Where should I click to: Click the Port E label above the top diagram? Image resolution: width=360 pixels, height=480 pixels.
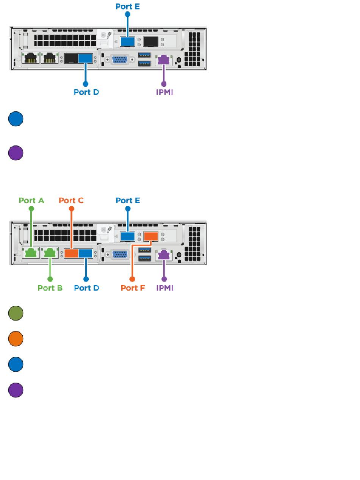pyautogui.click(x=128, y=6)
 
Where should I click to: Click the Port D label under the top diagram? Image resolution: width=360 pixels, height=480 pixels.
pyautogui.click(x=86, y=92)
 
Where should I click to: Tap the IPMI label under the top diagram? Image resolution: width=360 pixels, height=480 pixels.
pyautogui.click(x=164, y=92)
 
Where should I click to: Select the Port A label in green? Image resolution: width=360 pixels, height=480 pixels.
pyautogui.click(x=31, y=200)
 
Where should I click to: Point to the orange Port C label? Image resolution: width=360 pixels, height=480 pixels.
pyautogui.click(x=71, y=200)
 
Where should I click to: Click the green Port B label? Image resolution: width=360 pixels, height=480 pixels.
pyautogui.click(x=50, y=288)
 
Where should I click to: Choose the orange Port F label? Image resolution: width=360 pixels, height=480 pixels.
pyautogui.click(x=133, y=288)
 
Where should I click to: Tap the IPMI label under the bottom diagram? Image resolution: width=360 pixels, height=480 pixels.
pyautogui.click(x=164, y=288)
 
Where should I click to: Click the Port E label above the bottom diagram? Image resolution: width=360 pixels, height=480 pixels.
pyautogui.click(x=128, y=200)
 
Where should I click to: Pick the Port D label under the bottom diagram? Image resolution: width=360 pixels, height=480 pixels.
pyautogui.click(x=86, y=288)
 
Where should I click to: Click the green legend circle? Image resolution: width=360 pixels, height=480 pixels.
pyautogui.click(x=16, y=313)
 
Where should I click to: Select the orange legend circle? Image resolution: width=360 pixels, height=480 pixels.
pyautogui.click(x=16, y=339)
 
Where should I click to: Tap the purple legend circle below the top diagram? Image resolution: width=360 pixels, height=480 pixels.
pyautogui.click(x=16, y=153)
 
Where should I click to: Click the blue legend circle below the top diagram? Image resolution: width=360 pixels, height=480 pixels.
pyautogui.click(x=16, y=119)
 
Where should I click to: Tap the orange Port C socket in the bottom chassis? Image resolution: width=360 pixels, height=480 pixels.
pyautogui.click(x=71, y=253)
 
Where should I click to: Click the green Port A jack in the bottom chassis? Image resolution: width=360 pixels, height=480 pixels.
pyautogui.click(x=31, y=253)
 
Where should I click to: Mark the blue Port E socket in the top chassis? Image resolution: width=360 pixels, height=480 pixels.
pyautogui.click(x=127, y=41)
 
